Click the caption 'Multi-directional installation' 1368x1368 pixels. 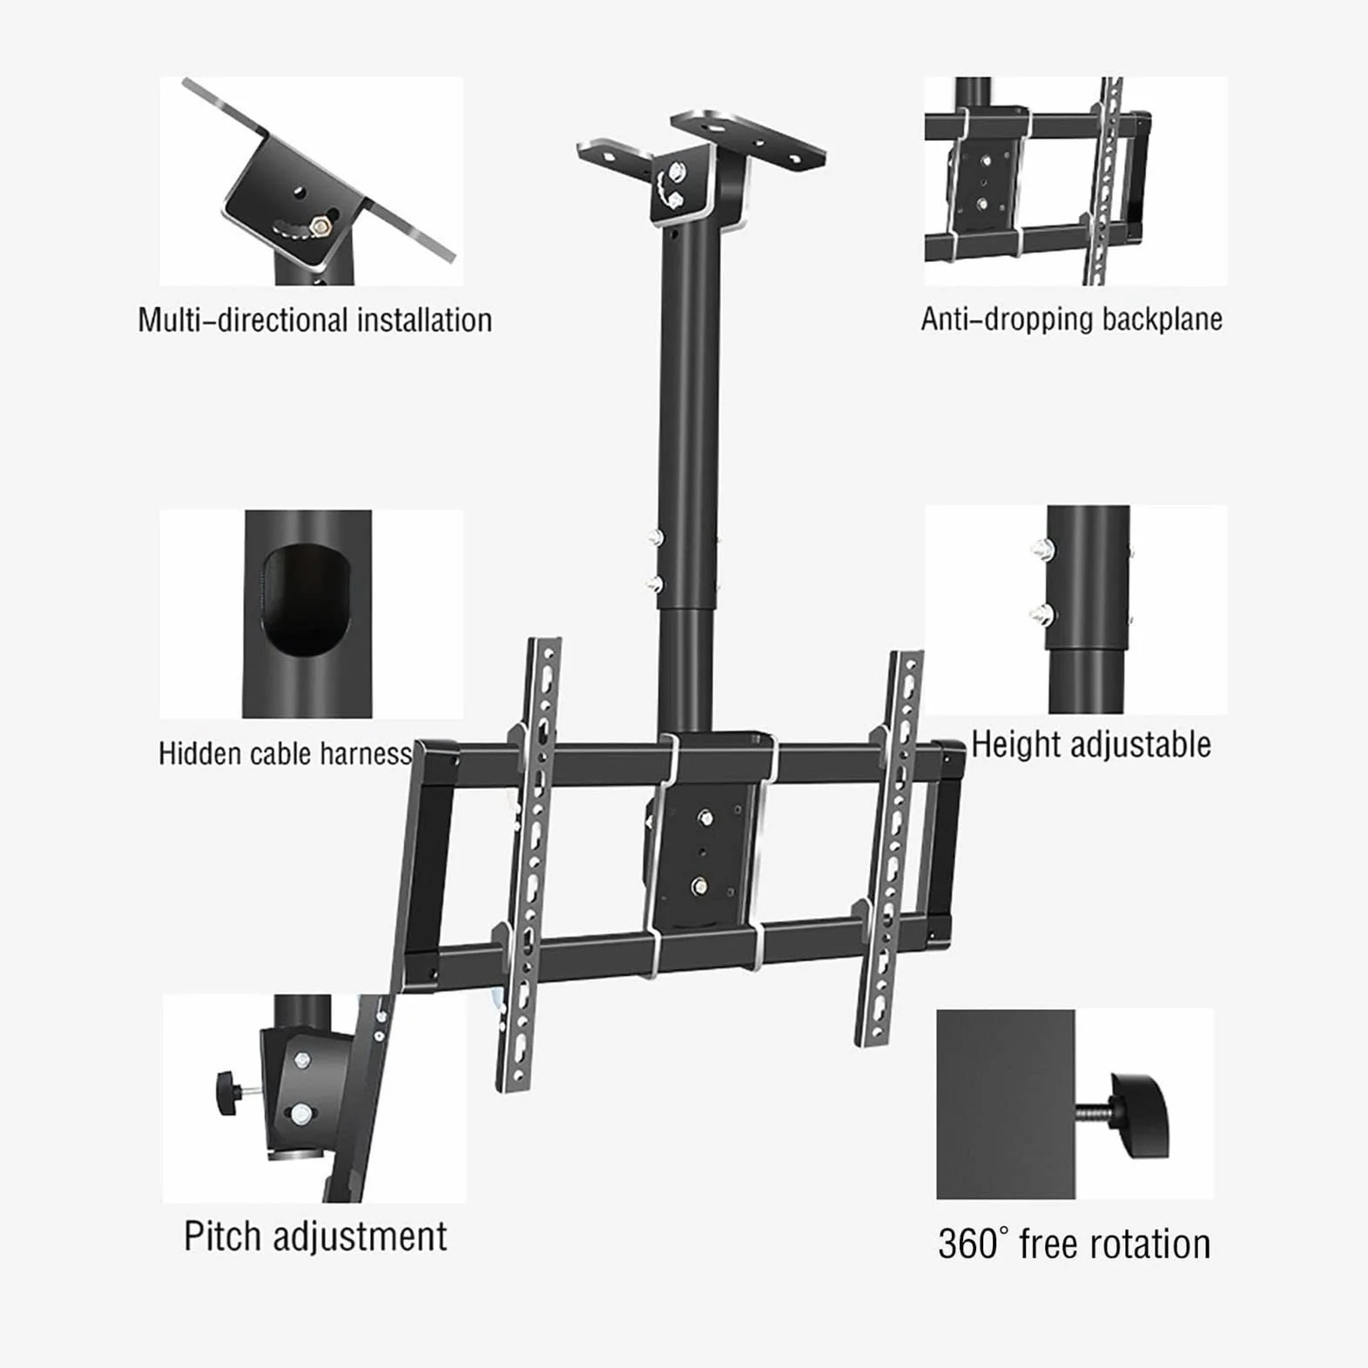(x=314, y=320)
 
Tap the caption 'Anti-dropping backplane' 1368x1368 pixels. (x=1072, y=319)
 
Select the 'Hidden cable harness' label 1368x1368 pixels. (x=286, y=753)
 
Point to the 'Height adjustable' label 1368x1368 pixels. (x=1091, y=745)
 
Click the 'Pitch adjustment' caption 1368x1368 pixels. (x=315, y=1237)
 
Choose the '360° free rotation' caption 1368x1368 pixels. (x=1075, y=1243)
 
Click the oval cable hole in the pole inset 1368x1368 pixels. (x=306, y=599)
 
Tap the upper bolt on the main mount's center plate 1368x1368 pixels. (x=704, y=818)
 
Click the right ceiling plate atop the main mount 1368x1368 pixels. (x=749, y=138)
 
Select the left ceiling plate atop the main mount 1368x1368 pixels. (x=615, y=155)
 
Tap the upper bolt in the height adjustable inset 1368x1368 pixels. (x=1041, y=549)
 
